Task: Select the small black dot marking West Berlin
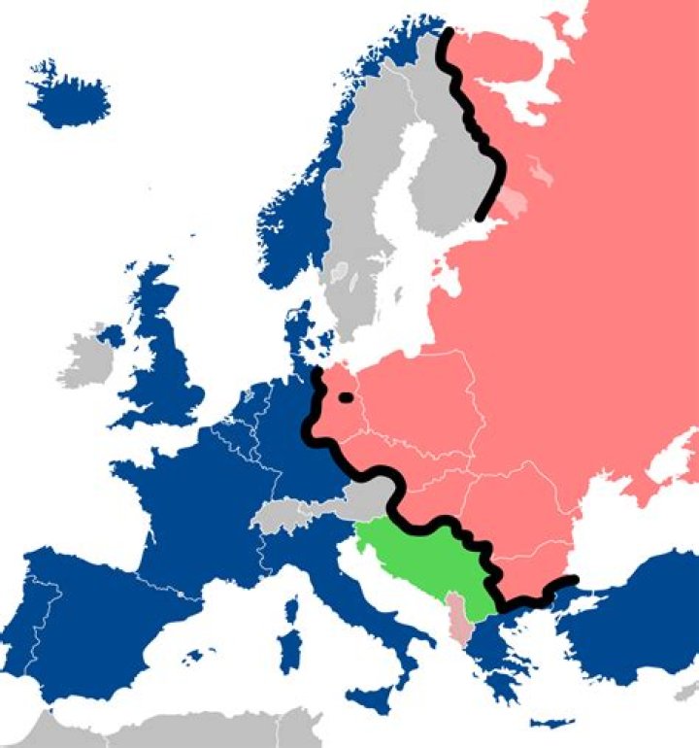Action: (345, 396)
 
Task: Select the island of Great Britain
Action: (165, 369)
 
